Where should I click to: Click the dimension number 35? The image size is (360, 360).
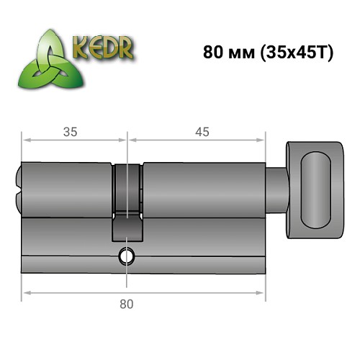(70, 132)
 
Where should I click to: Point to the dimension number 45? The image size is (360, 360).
(202, 132)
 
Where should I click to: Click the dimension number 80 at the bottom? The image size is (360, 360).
(127, 304)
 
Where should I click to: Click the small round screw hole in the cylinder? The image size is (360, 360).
(128, 254)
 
